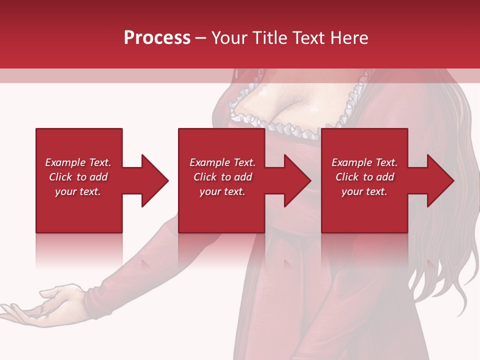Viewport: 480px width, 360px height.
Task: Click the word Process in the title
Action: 157,38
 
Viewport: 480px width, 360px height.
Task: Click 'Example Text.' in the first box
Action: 78,162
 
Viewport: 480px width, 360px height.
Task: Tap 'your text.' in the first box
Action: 78,191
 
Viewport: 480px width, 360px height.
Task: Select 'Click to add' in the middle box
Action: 222,177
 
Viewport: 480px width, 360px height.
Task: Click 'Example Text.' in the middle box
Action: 222,162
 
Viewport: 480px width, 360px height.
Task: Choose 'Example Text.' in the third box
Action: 364,162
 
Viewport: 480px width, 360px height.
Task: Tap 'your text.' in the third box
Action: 364,191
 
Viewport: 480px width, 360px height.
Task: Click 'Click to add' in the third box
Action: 364,177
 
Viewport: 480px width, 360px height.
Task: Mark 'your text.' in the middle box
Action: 222,191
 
